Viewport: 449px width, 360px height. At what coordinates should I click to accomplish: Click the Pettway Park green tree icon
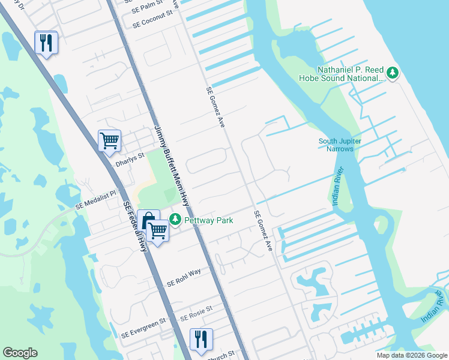(x=175, y=220)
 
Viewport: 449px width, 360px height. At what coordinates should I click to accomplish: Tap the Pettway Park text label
(x=208, y=221)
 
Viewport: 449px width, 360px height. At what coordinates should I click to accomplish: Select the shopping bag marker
(x=148, y=220)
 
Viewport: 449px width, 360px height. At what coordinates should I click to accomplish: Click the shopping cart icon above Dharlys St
(x=109, y=141)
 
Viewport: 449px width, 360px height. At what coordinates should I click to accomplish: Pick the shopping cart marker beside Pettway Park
(x=158, y=230)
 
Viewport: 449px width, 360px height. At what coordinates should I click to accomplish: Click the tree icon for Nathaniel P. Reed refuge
(x=393, y=73)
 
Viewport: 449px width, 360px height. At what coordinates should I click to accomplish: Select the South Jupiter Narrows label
(x=340, y=145)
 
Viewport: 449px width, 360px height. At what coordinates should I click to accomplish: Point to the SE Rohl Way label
(x=184, y=280)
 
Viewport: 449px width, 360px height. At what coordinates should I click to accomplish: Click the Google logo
(x=20, y=353)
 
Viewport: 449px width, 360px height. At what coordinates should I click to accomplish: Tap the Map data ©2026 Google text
(x=411, y=355)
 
